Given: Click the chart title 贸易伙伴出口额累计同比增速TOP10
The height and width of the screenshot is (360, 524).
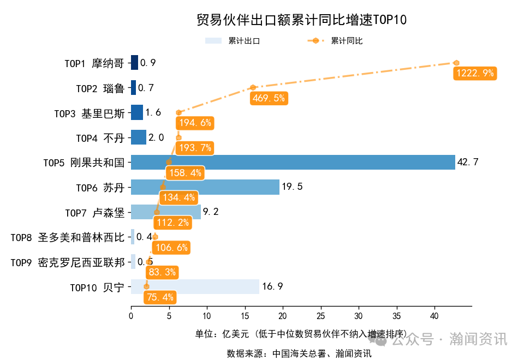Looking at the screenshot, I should pyautogui.click(x=301, y=20).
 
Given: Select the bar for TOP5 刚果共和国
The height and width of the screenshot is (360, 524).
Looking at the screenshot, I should pyautogui.click(x=293, y=163).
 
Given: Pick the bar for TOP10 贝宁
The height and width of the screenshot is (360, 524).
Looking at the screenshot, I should pyautogui.click(x=195, y=286).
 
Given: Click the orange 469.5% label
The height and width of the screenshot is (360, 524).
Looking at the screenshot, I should pyautogui.click(x=269, y=98).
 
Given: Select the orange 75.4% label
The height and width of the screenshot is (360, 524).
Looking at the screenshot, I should pyautogui.click(x=160, y=297).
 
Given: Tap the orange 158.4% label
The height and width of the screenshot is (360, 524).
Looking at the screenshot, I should pyautogui.click(x=186, y=173).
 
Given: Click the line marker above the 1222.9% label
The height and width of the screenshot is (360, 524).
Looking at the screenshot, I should pyautogui.click(x=456, y=63).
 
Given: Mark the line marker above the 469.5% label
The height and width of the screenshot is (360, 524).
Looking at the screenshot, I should pyautogui.click(x=253, y=87).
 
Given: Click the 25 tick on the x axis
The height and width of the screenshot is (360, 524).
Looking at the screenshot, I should pyautogui.click(x=320, y=316).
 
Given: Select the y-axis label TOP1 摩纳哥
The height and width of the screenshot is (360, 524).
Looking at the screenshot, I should pyautogui.click(x=94, y=63).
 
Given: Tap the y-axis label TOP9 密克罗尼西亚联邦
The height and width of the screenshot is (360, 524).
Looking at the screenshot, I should pyautogui.click(x=68, y=262).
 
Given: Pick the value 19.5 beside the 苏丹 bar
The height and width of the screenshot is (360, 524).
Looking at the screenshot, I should pyautogui.click(x=292, y=187).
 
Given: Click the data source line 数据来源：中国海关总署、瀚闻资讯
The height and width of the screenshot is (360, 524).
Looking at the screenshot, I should pyautogui.click(x=299, y=353).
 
